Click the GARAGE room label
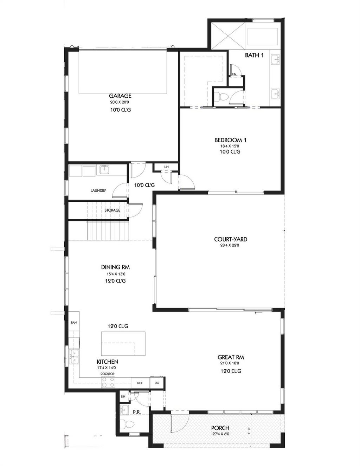120,96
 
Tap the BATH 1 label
254,55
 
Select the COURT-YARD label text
231,239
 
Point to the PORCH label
220,428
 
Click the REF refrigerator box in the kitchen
140,383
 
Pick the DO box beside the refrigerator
157,383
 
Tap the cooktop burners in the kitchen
108,382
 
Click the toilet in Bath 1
221,96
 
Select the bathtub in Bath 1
263,37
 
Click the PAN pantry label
73,322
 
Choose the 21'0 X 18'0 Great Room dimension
231,363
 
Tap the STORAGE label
112,210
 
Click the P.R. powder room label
136,412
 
